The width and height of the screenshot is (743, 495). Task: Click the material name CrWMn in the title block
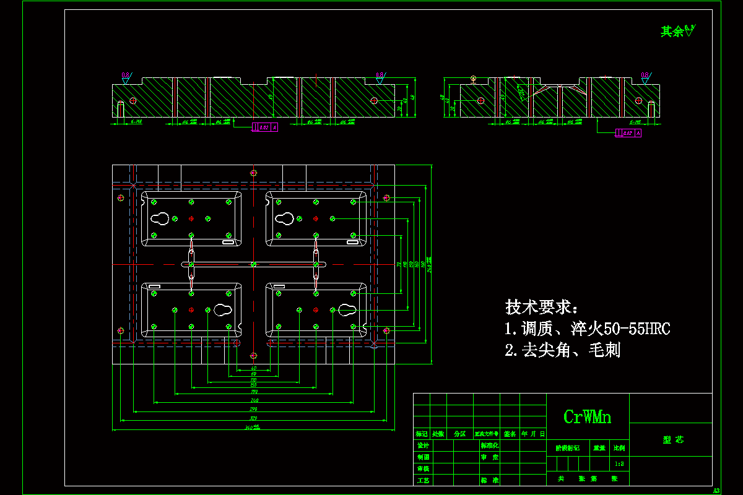(587, 417)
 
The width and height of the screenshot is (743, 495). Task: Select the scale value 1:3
(619, 463)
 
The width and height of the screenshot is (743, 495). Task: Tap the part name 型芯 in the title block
(673, 440)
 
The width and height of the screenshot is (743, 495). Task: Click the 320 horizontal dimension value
(253, 419)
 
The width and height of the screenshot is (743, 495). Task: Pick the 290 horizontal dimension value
(253, 410)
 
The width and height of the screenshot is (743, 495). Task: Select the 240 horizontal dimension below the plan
(254, 401)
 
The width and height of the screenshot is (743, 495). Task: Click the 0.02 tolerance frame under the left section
(265, 127)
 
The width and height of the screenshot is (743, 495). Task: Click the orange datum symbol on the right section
(474, 79)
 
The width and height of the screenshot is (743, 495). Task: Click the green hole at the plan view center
(253, 264)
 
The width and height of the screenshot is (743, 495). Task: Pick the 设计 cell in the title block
(423, 445)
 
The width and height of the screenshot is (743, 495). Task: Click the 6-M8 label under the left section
(137, 123)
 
